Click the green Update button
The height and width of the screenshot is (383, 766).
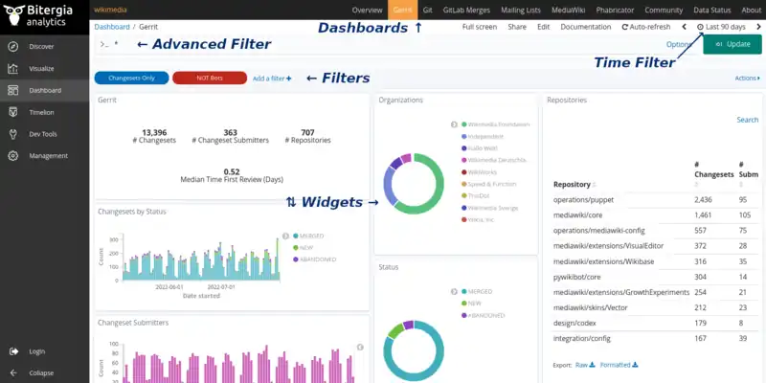click(732, 44)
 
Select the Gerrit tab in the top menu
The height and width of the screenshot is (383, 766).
click(404, 9)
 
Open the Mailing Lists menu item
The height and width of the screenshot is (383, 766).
click(519, 9)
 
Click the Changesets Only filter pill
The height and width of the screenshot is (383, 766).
click(132, 78)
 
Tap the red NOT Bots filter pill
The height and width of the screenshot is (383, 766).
click(209, 78)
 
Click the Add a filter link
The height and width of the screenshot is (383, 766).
click(272, 78)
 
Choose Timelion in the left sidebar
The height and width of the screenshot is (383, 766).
click(42, 112)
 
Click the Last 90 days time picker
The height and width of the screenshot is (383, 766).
click(724, 27)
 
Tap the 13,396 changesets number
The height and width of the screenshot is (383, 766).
click(154, 132)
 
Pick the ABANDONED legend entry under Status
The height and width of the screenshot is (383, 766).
click(487, 315)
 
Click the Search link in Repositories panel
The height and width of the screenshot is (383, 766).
click(747, 120)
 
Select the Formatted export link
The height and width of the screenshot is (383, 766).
click(618, 365)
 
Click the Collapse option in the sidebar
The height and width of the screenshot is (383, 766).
click(41, 372)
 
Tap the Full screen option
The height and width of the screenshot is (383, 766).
click(479, 27)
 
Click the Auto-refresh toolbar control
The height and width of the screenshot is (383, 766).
click(646, 27)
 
